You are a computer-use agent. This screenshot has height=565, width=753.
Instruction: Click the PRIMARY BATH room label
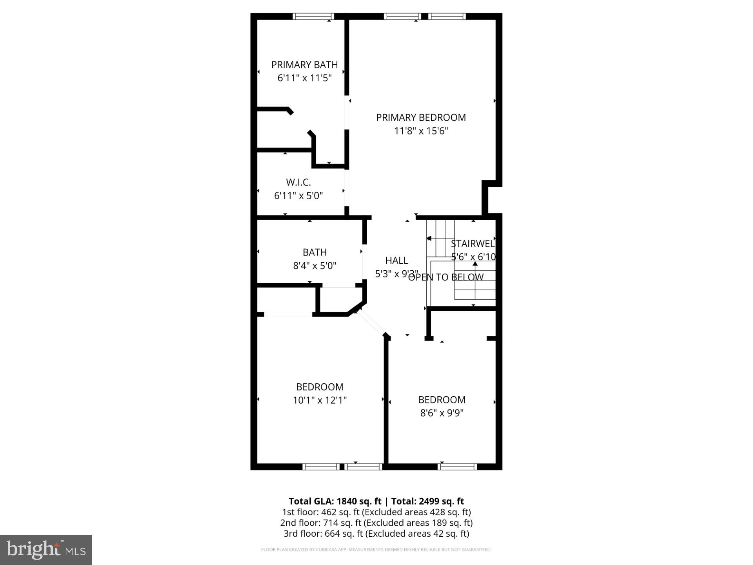click(304, 64)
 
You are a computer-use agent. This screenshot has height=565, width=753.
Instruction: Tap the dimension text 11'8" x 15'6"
click(421, 131)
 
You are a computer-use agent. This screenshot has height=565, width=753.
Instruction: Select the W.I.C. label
click(298, 182)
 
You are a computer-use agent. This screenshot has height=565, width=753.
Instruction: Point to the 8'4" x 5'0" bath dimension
click(315, 266)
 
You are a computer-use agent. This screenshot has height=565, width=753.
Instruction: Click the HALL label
click(397, 260)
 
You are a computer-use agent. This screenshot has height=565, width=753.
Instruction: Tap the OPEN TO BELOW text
click(446, 277)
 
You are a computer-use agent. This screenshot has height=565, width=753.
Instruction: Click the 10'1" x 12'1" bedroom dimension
click(320, 400)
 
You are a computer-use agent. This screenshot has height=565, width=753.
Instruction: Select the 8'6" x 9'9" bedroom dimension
click(442, 413)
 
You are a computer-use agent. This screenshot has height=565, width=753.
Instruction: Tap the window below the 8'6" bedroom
click(457, 467)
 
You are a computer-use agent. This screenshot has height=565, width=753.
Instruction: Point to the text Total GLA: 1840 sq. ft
click(335, 501)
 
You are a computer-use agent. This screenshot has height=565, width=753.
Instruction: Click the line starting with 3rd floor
click(376, 534)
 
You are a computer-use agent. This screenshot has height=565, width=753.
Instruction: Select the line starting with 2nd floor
click(376, 523)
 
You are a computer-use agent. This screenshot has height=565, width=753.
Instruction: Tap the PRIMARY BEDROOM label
click(421, 117)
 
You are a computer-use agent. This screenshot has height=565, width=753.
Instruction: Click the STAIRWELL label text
click(472, 244)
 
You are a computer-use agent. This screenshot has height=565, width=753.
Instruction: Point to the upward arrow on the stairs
click(475, 264)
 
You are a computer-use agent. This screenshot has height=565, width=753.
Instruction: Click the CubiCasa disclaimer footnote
click(376, 550)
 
